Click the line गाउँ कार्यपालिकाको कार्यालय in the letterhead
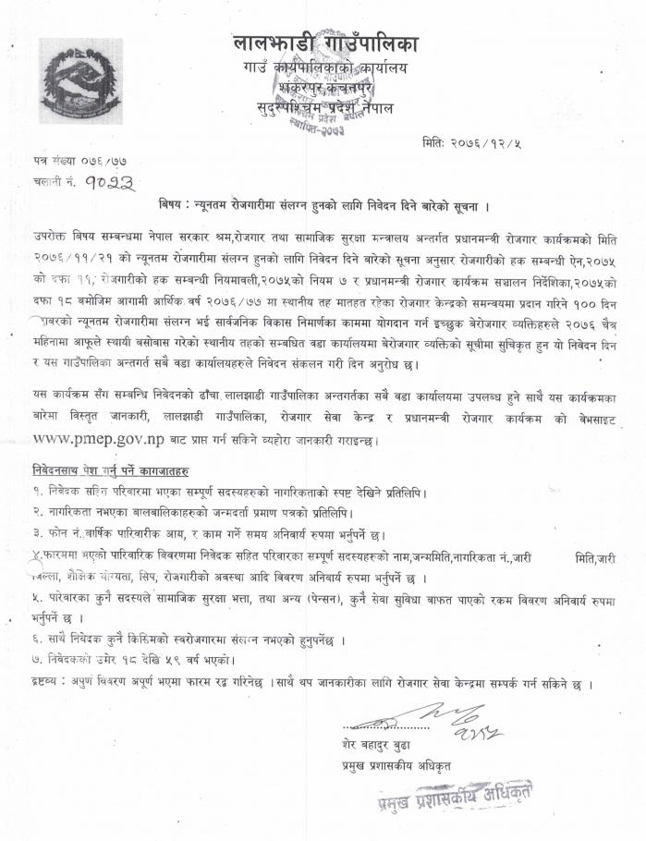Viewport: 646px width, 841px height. click(325, 67)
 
